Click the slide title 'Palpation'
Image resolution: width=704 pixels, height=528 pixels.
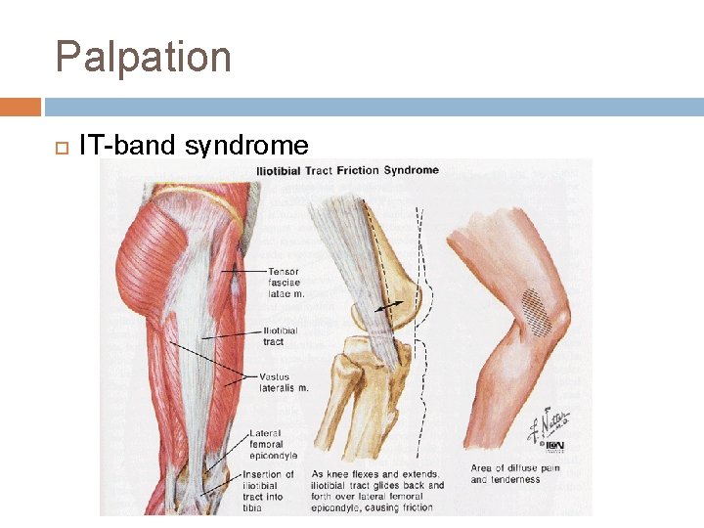point(144,57)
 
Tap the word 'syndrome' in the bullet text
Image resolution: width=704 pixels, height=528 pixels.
point(246,147)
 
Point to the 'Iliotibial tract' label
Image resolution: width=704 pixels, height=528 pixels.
point(280,336)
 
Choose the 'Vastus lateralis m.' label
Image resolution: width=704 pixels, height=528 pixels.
point(284,382)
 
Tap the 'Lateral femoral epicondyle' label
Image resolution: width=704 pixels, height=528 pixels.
point(274,445)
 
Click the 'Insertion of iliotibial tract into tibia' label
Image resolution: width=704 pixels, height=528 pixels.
point(271,491)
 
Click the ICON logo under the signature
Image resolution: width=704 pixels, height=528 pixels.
point(554,447)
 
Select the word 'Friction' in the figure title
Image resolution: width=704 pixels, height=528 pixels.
point(359,170)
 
